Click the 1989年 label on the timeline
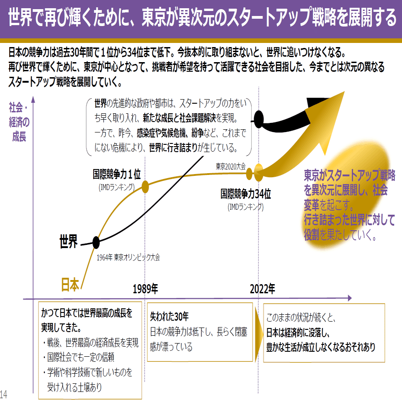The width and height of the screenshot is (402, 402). [x=145, y=289]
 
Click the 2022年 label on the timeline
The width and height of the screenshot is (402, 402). [x=263, y=289]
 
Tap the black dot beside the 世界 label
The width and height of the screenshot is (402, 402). [x=96, y=242]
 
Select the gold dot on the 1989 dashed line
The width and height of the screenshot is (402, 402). [x=145, y=187]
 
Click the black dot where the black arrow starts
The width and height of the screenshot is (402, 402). [x=259, y=120]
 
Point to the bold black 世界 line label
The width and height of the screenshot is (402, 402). [x=69, y=241]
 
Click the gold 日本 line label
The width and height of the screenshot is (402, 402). [x=70, y=284]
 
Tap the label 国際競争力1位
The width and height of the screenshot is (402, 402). [x=116, y=175]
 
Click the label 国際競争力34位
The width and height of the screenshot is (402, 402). [x=246, y=194]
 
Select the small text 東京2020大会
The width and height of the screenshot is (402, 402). [x=231, y=167]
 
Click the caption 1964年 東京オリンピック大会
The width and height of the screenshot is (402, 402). [x=128, y=257]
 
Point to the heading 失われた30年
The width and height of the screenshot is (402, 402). [x=169, y=317]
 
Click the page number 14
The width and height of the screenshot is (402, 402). [x=4, y=394]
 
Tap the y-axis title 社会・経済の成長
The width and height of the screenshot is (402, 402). [x=19, y=122]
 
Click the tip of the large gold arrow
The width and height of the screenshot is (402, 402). [x=344, y=91]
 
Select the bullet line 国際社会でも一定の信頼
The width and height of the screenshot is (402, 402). [x=79, y=357]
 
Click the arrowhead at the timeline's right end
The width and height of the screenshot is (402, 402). [x=350, y=298]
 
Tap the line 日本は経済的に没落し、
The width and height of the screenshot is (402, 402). [x=298, y=333]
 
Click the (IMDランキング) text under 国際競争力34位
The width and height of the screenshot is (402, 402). [x=246, y=207]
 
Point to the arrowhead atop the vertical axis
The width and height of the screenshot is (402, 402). [x=33, y=99]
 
